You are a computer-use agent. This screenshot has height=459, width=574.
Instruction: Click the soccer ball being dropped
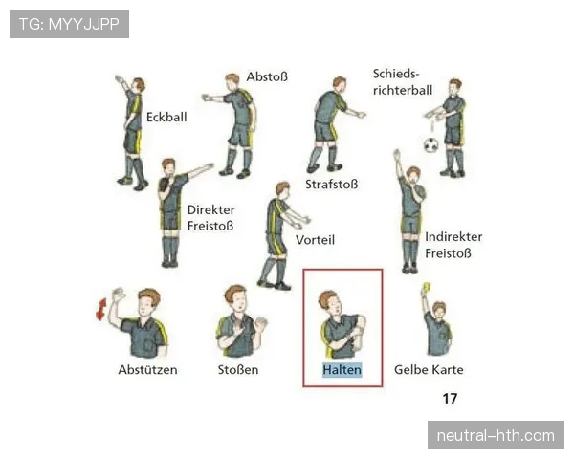click(430, 145)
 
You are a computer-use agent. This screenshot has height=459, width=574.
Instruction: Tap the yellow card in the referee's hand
click(426, 287)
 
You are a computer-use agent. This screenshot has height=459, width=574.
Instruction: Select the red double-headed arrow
click(101, 309)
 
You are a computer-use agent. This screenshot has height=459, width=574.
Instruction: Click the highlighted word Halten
click(342, 370)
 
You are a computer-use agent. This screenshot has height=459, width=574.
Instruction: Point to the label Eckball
click(166, 117)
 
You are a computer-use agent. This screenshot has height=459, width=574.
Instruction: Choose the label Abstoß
click(267, 76)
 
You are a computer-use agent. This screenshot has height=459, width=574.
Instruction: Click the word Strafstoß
click(332, 185)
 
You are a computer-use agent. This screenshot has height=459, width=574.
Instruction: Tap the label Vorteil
click(315, 240)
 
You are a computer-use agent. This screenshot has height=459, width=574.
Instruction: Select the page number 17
click(450, 398)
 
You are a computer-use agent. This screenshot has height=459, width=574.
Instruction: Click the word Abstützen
click(147, 370)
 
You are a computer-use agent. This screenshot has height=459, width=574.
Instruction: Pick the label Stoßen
click(238, 370)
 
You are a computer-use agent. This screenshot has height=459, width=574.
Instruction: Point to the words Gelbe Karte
click(429, 370)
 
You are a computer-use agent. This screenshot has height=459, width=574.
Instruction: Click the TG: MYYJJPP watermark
click(69, 24)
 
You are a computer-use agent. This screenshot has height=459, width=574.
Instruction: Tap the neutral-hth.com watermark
click(496, 436)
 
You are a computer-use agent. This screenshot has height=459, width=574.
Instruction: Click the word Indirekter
click(453, 237)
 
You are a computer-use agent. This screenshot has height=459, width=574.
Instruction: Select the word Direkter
click(210, 209)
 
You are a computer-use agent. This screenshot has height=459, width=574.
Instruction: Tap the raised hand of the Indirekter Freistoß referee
click(397, 155)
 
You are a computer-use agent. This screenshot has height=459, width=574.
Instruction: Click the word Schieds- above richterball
click(396, 74)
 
